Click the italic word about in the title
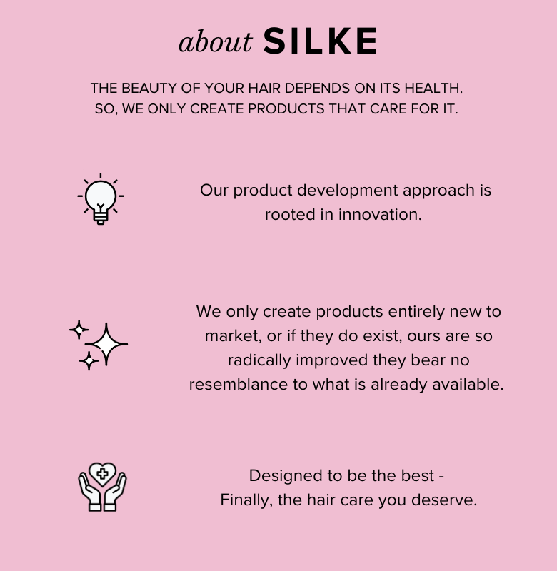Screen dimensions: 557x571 click(215, 41)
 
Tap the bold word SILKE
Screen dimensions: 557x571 click(320, 41)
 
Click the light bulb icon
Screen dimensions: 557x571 click(101, 199)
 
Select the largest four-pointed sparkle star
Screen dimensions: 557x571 click(106, 344)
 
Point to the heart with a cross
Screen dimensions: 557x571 click(102, 474)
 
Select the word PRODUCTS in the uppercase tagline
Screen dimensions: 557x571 click(286, 109)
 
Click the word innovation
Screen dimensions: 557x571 click(380, 215)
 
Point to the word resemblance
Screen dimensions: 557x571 click(239, 385)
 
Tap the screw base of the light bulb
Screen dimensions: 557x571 click(101, 218)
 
